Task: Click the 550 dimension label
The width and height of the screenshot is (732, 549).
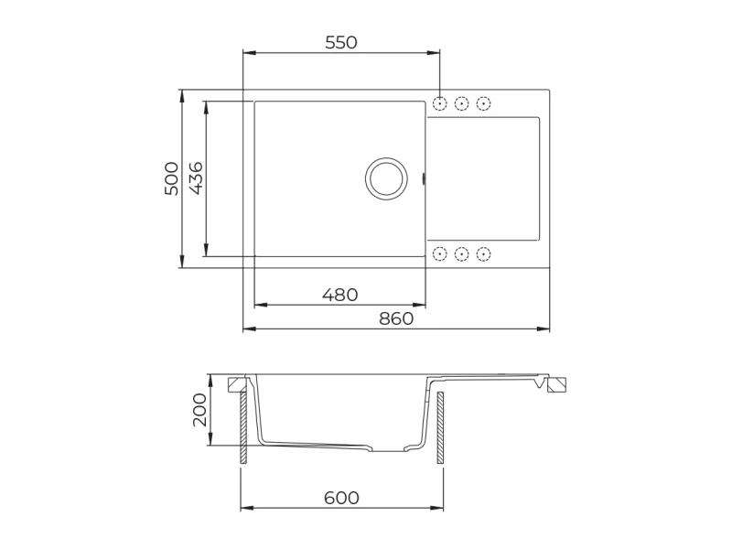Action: click(340, 42)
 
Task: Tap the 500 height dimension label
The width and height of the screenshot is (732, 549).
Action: click(171, 178)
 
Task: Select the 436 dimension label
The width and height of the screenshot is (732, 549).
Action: click(196, 178)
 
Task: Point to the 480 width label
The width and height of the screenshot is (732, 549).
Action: click(339, 295)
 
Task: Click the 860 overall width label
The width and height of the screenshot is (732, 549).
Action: click(396, 318)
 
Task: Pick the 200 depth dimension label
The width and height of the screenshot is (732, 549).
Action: click(199, 409)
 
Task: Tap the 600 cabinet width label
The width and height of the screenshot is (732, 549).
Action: click(341, 498)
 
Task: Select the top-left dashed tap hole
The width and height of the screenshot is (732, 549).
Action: click(440, 103)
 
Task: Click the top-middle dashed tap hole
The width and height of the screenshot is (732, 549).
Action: click(462, 103)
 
